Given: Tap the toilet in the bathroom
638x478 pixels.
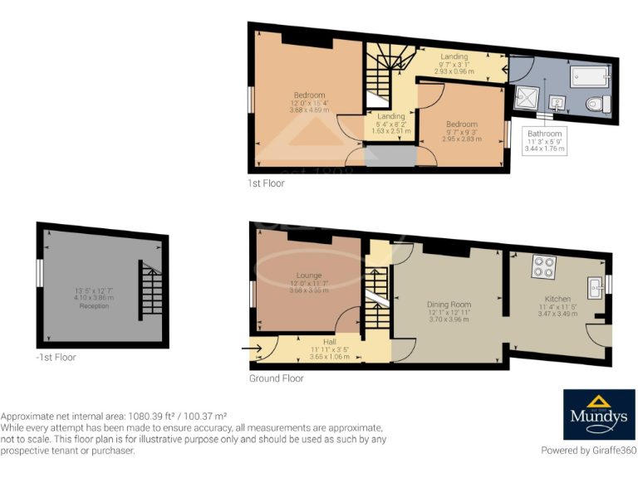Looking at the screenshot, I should pyautogui.click(x=597, y=104).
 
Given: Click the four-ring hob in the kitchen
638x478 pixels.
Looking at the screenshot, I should pyautogui.click(x=543, y=266).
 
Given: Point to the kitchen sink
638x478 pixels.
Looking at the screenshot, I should pyautogui.click(x=596, y=286).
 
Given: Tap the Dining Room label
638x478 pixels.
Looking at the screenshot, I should pyautogui.click(x=449, y=305).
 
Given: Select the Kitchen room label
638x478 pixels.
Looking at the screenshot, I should pyautogui.click(x=558, y=299).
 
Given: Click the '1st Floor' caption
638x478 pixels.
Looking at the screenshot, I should pyautogui.click(x=266, y=183).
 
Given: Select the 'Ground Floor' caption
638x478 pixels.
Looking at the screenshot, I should pyautogui.click(x=277, y=378).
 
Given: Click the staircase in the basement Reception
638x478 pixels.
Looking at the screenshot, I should pyautogui.click(x=150, y=290).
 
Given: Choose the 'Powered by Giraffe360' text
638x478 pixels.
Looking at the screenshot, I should pyautogui.click(x=588, y=451).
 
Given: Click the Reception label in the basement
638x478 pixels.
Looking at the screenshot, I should pyautogui.click(x=94, y=306).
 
